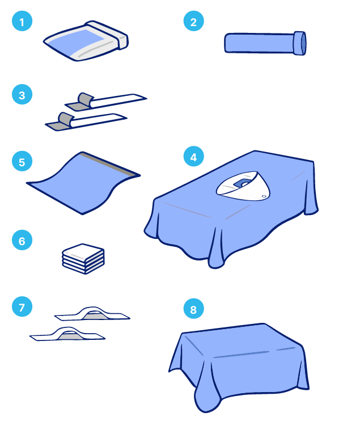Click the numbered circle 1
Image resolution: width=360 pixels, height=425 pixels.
pos(22,21)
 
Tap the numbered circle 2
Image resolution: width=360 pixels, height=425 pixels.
pos(193,21)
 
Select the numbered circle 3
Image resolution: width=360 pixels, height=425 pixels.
pos(22,94)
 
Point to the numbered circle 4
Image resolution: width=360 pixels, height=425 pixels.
pos(193,156)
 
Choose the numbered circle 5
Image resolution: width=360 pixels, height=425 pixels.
pos(22,161)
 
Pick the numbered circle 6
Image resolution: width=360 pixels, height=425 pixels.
pos(22,240)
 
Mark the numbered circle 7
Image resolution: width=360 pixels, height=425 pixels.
pos(22,306)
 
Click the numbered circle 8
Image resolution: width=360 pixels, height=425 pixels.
pos(193,309)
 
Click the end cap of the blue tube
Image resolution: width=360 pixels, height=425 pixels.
pos(300,43)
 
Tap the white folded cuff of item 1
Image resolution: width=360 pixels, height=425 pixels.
pos(108,35)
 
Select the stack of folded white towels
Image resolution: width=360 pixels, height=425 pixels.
pos(83,259)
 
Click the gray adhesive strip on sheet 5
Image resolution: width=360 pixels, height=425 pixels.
pos(110,164)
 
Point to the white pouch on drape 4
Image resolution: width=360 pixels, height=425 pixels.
pos(243,187)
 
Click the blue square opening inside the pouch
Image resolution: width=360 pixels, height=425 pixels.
pos(242,183)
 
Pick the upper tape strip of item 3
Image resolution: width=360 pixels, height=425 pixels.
pos(106,102)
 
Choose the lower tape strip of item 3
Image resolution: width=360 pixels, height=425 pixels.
pos(86,122)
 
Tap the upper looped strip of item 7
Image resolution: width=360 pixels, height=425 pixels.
pos(92,314)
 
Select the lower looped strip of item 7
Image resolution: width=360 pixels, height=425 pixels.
pos(67,334)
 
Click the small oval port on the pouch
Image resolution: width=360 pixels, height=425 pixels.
pos(264,196)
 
